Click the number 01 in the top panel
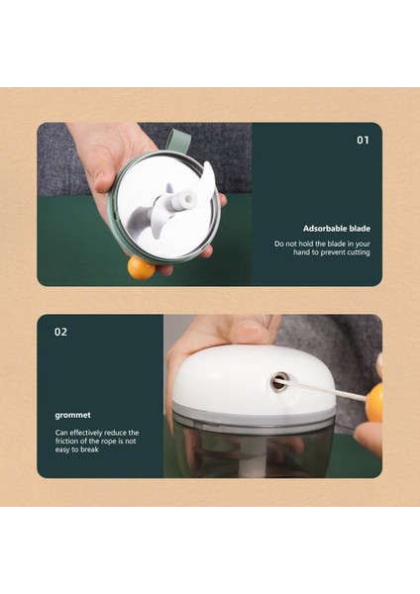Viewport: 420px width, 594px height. click(x=363, y=141)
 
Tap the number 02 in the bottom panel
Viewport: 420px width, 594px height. click(x=60, y=332)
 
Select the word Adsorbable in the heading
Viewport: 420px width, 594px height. click(x=326, y=228)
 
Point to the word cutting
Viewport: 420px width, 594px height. click(x=354, y=252)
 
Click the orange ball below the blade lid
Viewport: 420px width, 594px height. click(x=141, y=267)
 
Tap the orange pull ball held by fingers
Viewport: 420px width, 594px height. click(x=373, y=402)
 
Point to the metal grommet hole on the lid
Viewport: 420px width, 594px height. click(x=280, y=381)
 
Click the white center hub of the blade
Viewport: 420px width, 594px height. click(x=182, y=201)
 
